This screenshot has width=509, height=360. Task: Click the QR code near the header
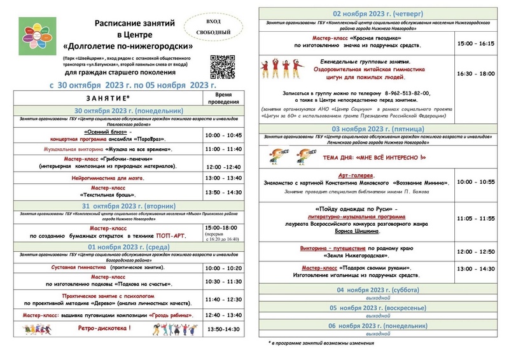(223, 66)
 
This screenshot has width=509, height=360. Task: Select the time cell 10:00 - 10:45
(223, 135)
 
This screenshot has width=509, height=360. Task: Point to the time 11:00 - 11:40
(223, 149)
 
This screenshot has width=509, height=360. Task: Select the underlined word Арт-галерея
(356, 174)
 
